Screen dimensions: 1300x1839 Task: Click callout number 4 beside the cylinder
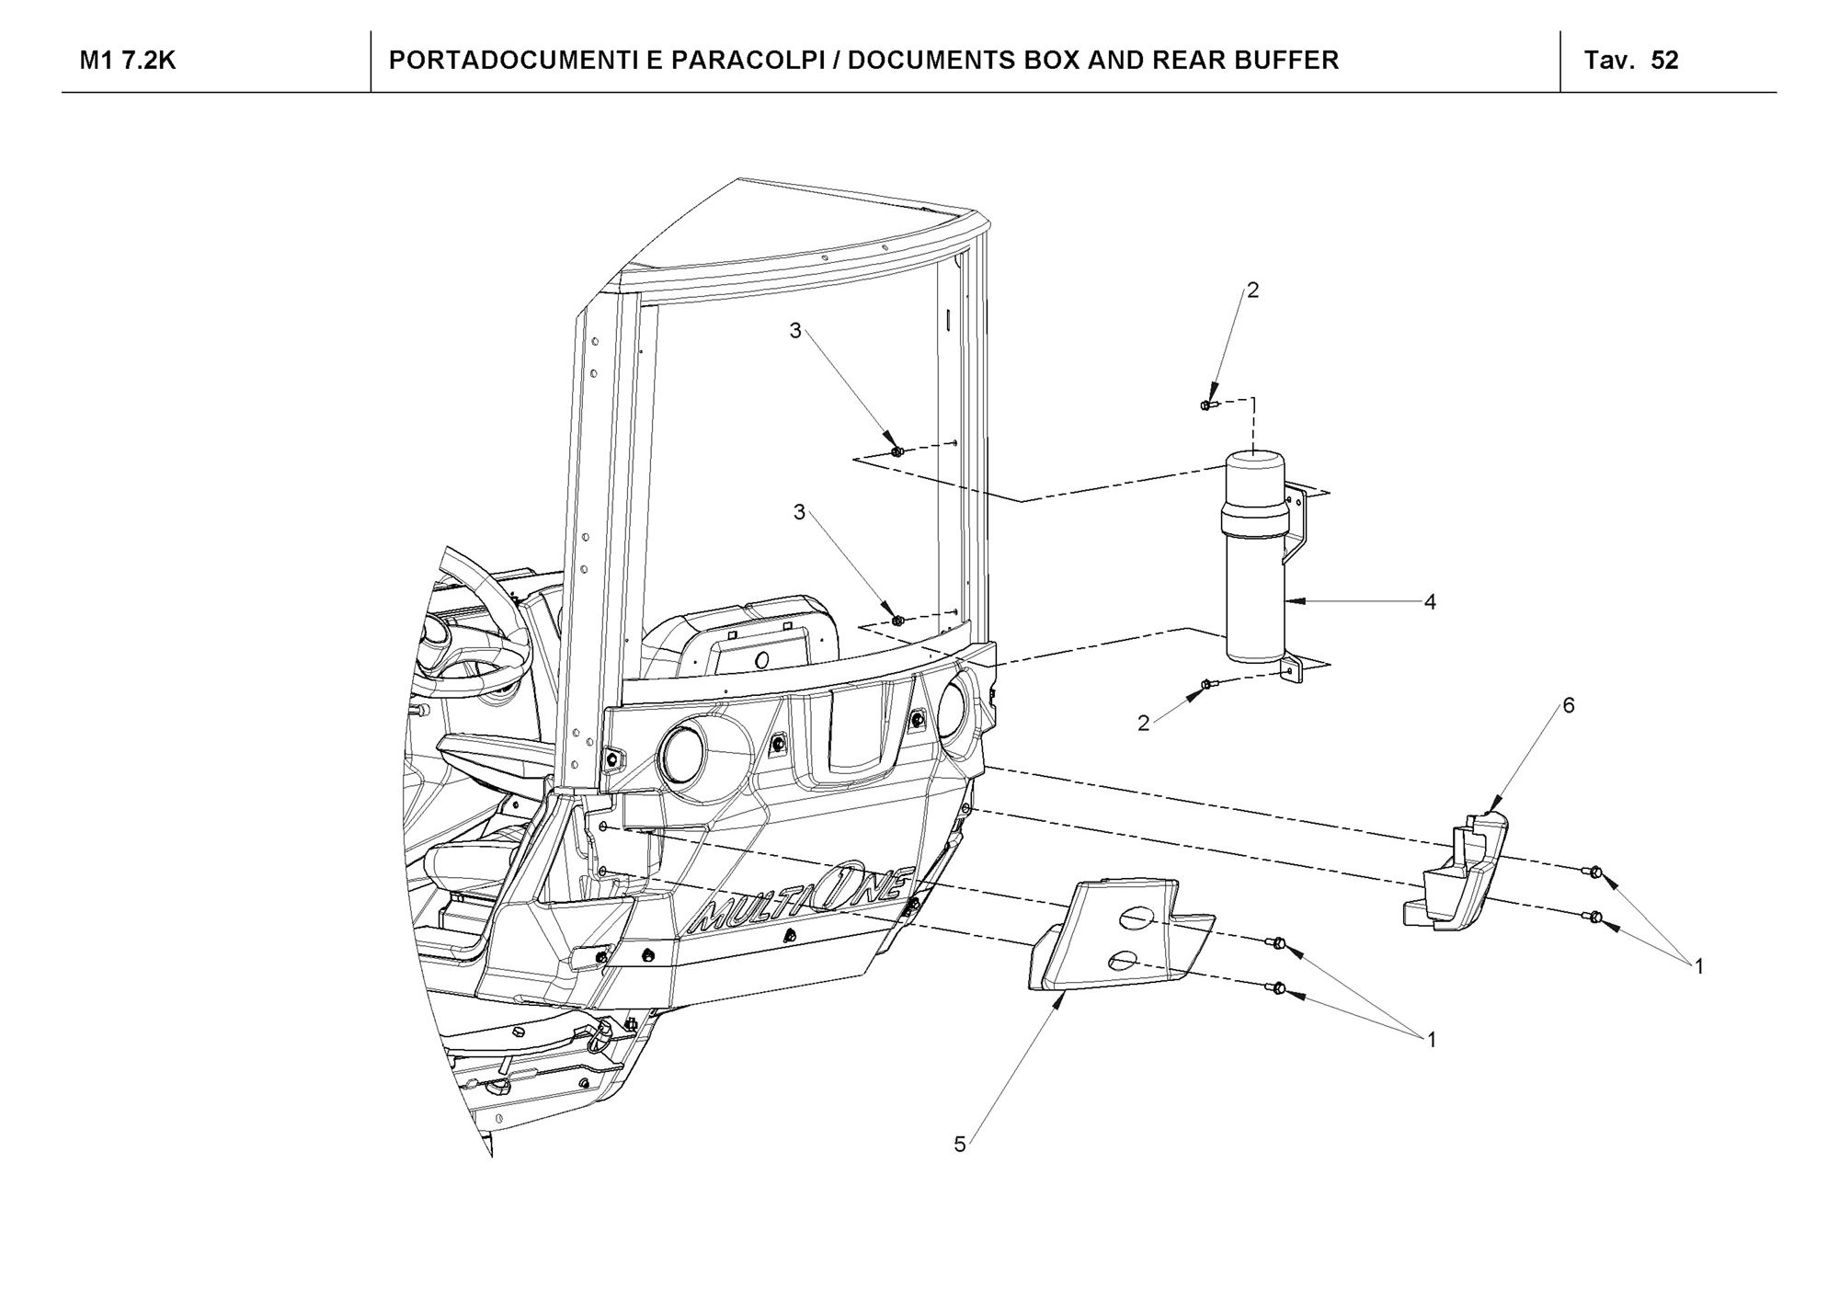[x=1429, y=602]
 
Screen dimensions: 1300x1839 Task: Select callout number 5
[x=960, y=1145]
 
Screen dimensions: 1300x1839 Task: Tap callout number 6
[x=1569, y=705]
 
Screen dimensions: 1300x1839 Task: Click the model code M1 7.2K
[x=128, y=61]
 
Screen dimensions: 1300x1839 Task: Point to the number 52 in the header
[x=1665, y=61]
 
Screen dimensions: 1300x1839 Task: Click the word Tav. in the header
[x=1609, y=61]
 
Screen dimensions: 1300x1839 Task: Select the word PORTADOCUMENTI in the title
[x=502, y=61]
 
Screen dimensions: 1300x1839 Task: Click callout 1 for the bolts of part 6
[x=1698, y=966]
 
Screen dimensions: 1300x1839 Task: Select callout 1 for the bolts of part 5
[x=1431, y=1040]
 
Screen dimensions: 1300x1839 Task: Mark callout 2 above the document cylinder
[x=1252, y=291]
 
